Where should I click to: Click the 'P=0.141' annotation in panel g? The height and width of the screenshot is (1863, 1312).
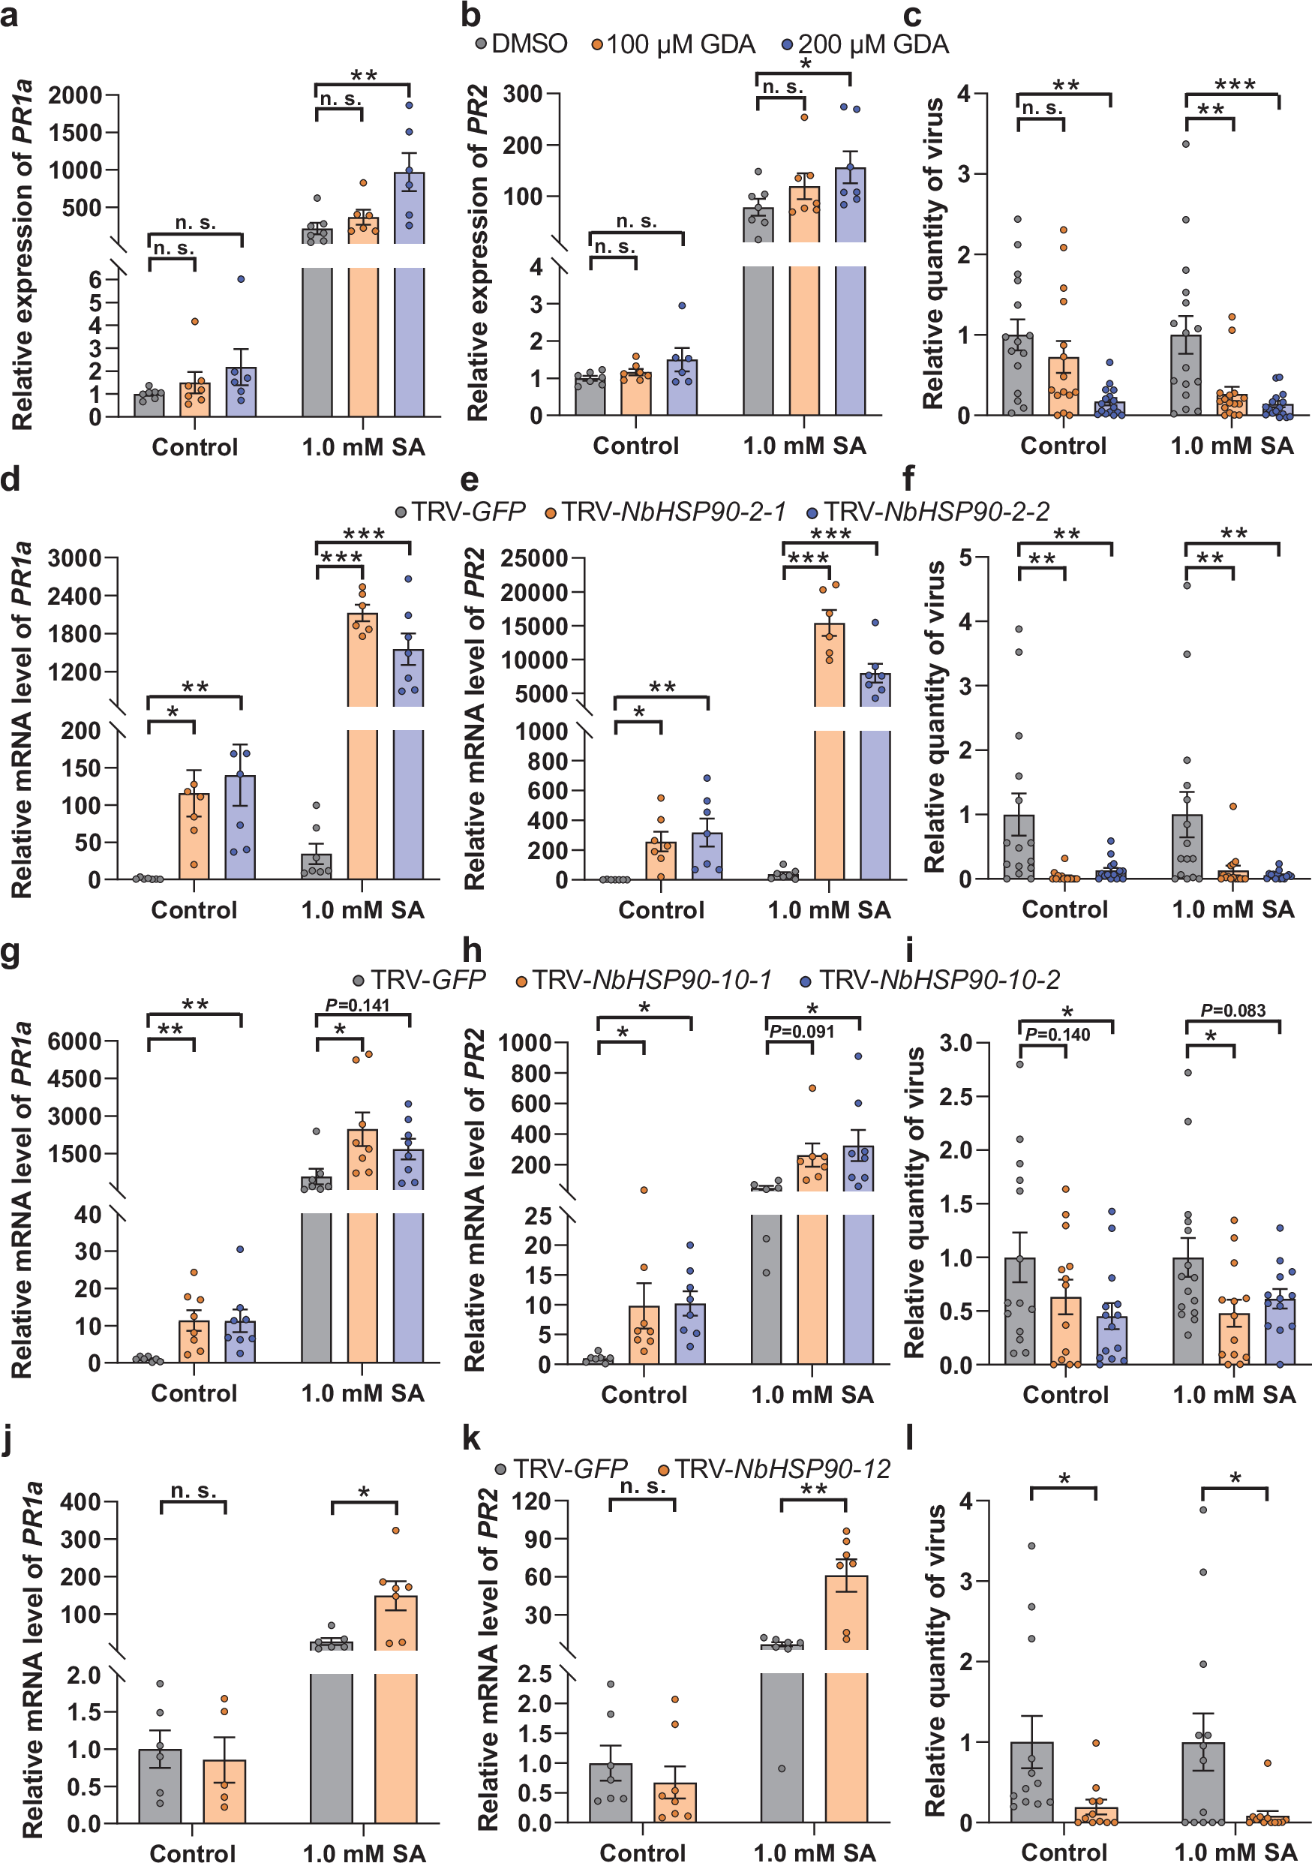pos(357,1005)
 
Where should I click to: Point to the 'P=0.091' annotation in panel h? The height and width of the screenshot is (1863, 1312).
pos(801,1032)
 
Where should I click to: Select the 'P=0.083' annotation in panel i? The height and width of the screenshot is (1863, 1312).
pos(1232,1010)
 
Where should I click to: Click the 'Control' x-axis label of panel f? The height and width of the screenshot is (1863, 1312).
pos(1064,909)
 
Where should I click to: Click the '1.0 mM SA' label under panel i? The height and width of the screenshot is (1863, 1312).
pos(1233,1394)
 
